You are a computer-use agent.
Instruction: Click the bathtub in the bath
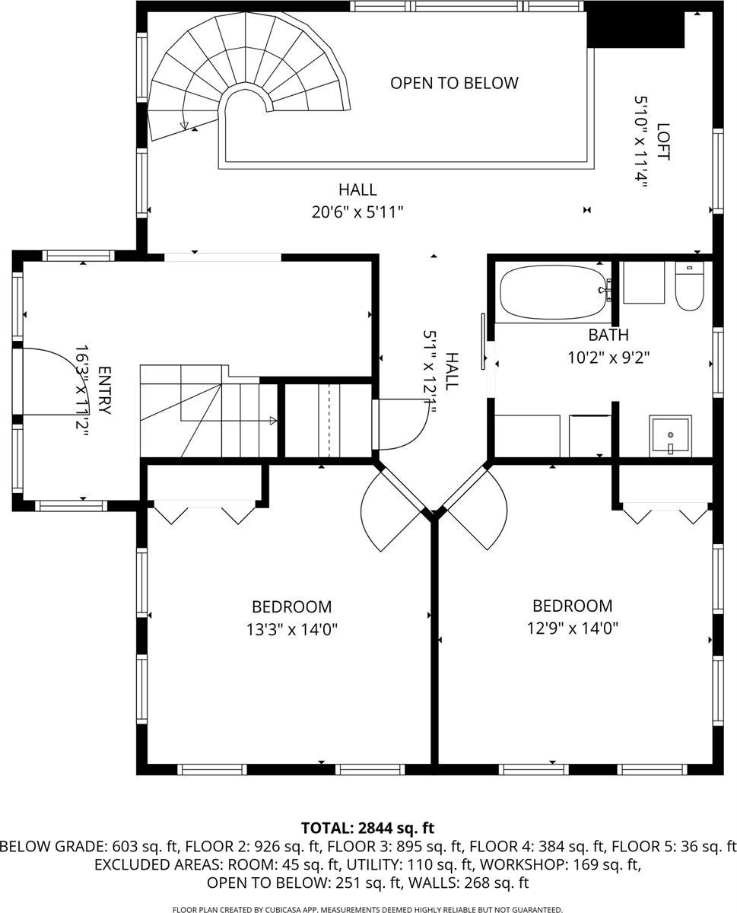coord(551,292)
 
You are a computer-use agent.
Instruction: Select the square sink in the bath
coord(670,436)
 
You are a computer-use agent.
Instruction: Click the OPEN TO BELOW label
coord(454,83)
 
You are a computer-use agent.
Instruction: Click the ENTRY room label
coord(104,391)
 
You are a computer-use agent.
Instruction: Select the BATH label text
coord(608,335)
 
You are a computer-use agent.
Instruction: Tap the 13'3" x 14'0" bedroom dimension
coord(291,629)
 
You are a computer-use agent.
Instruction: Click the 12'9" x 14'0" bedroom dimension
coord(572,628)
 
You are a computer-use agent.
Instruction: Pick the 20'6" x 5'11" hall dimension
coord(357,212)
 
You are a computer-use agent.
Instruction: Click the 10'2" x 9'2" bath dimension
coord(608,356)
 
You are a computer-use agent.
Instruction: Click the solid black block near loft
coord(635,29)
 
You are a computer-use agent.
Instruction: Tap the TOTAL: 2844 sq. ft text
coord(367,828)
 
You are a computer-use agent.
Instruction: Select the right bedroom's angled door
coord(475,508)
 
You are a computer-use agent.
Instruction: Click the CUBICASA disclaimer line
coord(367,909)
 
